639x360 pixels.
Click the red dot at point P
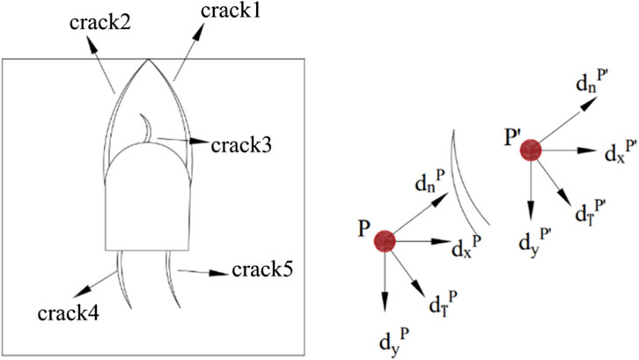(x=385, y=240)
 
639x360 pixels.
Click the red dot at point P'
(x=530, y=150)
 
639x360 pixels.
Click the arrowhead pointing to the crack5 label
(x=215, y=273)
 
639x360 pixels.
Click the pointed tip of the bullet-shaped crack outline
(x=147, y=59)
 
